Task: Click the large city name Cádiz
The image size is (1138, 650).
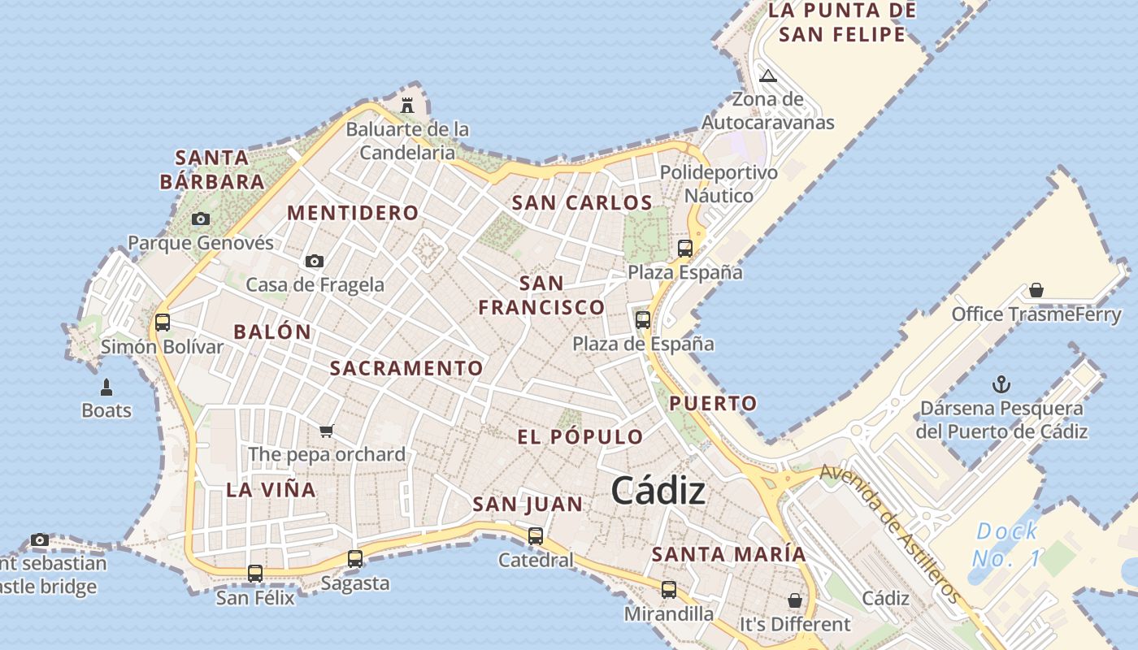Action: click(x=658, y=490)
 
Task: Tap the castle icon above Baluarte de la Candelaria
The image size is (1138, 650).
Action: click(x=407, y=105)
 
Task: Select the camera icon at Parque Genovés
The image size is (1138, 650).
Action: click(x=201, y=219)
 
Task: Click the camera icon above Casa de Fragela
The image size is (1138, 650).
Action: click(x=315, y=261)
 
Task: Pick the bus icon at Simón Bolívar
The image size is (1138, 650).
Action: click(x=163, y=323)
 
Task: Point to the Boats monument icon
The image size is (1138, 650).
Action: click(x=106, y=387)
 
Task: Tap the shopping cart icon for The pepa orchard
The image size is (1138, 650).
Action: click(x=327, y=431)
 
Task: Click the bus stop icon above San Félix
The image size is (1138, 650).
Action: click(x=255, y=574)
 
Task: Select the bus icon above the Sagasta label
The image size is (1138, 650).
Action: click(x=355, y=559)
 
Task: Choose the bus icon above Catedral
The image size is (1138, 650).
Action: click(x=535, y=536)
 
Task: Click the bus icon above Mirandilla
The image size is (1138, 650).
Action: click(x=668, y=590)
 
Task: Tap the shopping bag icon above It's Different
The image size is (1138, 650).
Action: click(x=794, y=600)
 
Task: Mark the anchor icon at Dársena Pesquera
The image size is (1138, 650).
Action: click(x=1001, y=384)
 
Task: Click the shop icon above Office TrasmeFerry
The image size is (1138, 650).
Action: click(x=1036, y=290)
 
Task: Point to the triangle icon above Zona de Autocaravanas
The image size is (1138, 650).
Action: click(x=767, y=76)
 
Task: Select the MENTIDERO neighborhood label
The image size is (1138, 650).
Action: click(x=353, y=213)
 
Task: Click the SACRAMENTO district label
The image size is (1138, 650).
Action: click(x=406, y=368)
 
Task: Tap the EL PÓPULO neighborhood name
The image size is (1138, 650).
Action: click(x=580, y=436)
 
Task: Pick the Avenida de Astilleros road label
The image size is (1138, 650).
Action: click(x=889, y=532)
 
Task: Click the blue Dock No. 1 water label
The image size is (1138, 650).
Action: click(x=1006, y=544)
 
